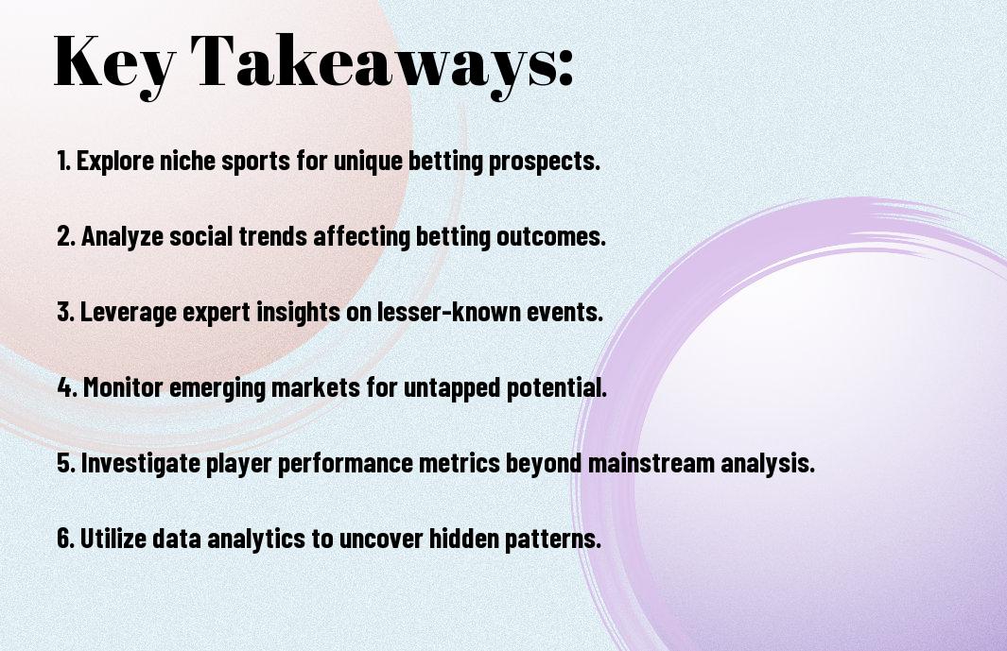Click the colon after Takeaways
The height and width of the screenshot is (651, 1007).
(565, 67)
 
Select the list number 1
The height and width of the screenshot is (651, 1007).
(63, 161)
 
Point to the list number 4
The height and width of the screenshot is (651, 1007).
(67, 387)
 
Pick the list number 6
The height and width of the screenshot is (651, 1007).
(66, 538)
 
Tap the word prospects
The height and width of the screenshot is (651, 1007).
(545, 162)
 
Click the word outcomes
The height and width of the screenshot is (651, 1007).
(551, 237)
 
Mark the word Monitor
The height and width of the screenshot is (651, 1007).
(122, 387)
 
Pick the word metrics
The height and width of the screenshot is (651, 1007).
(459, 463)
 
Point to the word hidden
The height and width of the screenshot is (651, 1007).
(463, 538)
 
